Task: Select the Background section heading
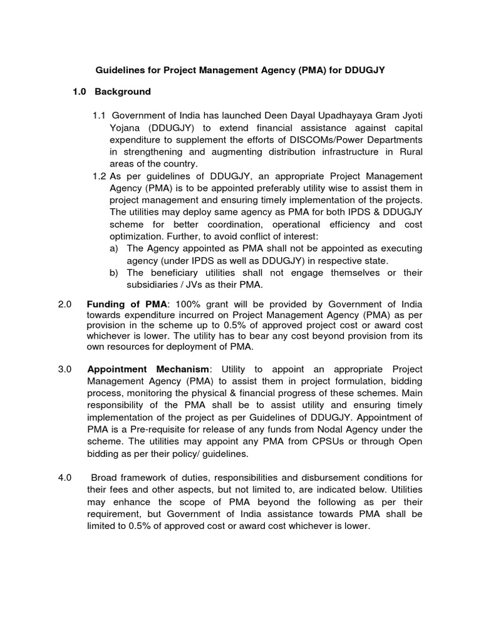pos(123,91)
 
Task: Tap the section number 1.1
pos(100,116)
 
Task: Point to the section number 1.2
pos(100,176)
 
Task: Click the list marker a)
pos(114,249)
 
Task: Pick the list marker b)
pos(114,272)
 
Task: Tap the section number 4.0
pos(66,478)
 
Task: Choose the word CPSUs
pos(317,441)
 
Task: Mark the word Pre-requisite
pos(155,429)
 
